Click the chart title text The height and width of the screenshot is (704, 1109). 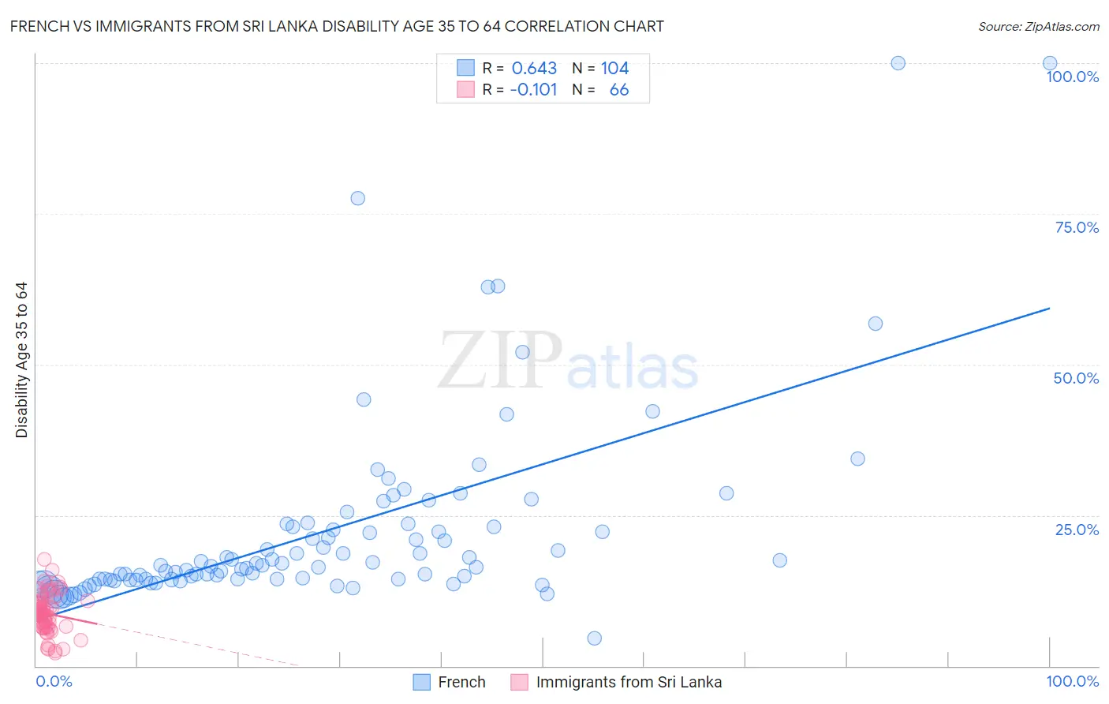pos(337,26)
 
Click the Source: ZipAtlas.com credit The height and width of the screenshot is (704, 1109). pos(1038,26)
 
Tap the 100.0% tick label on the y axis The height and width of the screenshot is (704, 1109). pos(1072,77)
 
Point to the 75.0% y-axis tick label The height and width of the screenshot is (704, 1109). pos(1077,227)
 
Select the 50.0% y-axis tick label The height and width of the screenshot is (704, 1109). pos(1076,378)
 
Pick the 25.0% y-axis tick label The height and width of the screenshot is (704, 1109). pos(1077,529)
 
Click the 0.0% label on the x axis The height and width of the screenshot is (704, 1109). pos(54,681)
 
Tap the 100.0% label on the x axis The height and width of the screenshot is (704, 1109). pos(1072,681)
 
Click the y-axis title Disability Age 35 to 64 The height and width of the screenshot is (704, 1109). pos(21,360)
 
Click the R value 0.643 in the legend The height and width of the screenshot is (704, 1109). pos(534,69)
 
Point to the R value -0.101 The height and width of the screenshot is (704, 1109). pos(533,90)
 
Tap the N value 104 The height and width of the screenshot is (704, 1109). pos(614,69)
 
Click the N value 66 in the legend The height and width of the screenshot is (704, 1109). pos(619,90)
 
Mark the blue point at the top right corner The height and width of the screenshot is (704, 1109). pos(1050,63)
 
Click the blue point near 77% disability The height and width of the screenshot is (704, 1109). pos(357,198)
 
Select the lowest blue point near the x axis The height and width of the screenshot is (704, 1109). pos(595,638)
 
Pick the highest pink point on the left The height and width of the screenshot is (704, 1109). pos(44,559)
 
